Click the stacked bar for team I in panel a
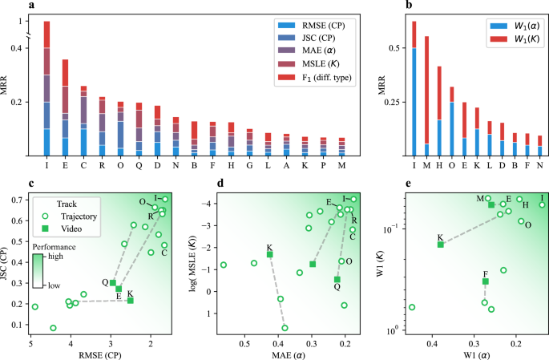tap(47, 88)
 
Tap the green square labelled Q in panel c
tap(113, 282)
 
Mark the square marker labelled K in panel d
tap(270, 254)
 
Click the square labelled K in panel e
tap(441, 244)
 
